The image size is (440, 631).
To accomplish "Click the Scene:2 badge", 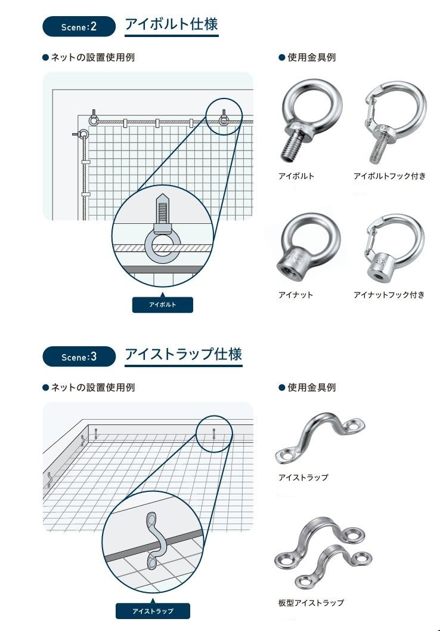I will [79, 27].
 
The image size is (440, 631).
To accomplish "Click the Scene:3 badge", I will [79, 357].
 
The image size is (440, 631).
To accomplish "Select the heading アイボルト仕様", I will [171, 25].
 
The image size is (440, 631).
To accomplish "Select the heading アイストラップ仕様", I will [183, 355].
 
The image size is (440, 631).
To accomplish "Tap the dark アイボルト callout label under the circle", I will [163, 305].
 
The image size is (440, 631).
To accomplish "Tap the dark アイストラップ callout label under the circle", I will [153, 611].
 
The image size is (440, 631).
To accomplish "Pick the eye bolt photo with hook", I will [393, 122].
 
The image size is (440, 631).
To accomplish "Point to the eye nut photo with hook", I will [394, 248].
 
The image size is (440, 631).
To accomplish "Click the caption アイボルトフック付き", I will [389, 176].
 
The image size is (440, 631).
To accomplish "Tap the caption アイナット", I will [296, 295].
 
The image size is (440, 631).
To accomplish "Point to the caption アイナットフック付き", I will [389, 295].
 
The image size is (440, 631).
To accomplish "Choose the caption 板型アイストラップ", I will [311, 603].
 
